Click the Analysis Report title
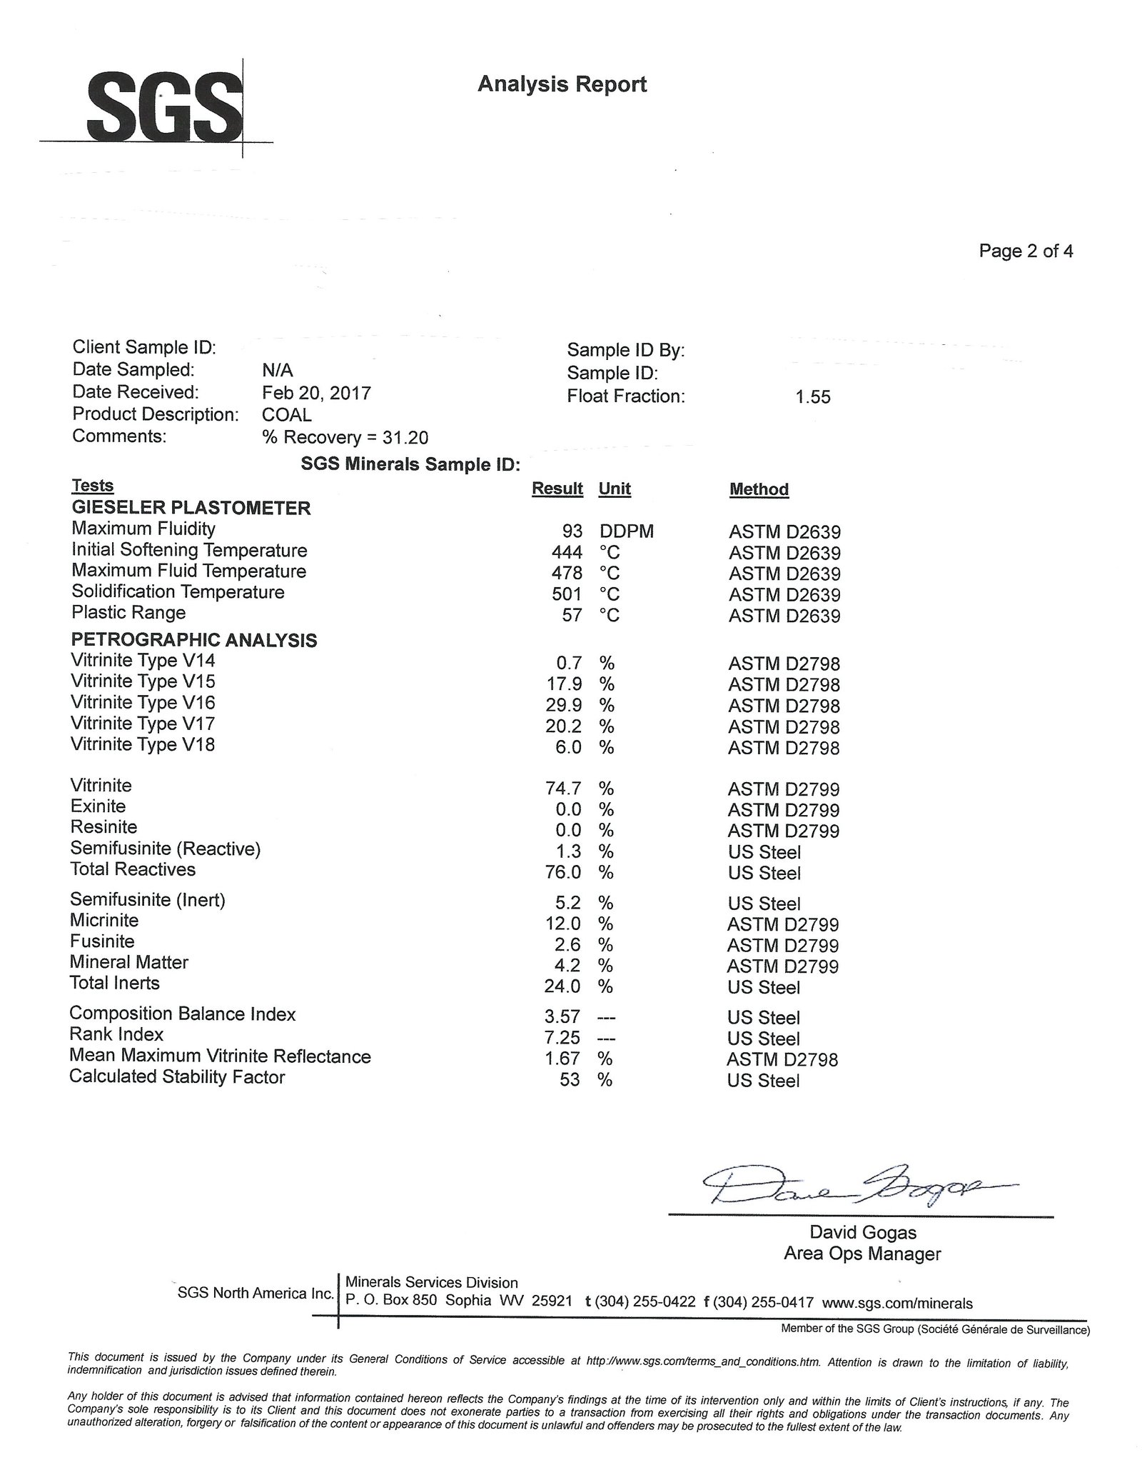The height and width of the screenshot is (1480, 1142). [x=562, y=84]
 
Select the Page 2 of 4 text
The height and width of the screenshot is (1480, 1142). [x=1025, y=251]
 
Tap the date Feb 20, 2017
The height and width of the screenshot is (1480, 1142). [x=316, y=393]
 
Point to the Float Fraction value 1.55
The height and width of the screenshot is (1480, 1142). [x=813, y=397]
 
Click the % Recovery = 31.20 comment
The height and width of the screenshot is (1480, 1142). [x=345, y=437]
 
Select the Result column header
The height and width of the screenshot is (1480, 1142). [x=557, y=489]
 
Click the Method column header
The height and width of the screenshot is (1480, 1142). [x=758, y=489]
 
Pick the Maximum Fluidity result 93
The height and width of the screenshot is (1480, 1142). [x=572, y=531]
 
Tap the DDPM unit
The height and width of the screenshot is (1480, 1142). [x=626, y=531]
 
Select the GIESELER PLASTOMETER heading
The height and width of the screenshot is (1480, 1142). [x=191, y=509]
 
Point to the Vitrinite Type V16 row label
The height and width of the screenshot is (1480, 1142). [x=143, y=703]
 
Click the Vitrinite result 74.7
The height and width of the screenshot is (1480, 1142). [x=563, y=789]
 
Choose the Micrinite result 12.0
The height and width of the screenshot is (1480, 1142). [x=563, y=924]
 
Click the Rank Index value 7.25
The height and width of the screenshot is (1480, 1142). [x=563, y=1038]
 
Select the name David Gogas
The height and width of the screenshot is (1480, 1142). [x=862, y=1232]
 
